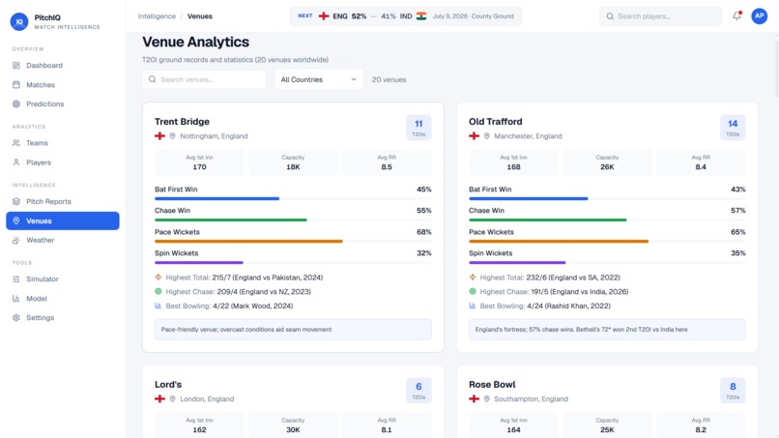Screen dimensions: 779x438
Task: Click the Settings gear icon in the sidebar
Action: pyautogui.click(x=16, y=318)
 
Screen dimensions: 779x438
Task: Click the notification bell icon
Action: pyautogui.click(x=736, y=15)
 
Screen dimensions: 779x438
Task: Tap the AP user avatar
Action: pyautogui.click(x=759, y=15)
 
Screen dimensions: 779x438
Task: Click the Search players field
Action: pyautogui.click(x=660, y=16)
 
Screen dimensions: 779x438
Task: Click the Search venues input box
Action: pyautogui.click(x=204, y=79)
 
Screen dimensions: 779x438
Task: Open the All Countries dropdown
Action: pyautogui.click(x=319, y=79)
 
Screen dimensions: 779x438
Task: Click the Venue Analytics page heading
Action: pyautogui.click(x=196, y=43)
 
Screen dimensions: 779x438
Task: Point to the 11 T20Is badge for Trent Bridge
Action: pyautogui.click(x=418, y=128)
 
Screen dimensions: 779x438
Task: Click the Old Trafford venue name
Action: pyautogui.click(x=495, y=122)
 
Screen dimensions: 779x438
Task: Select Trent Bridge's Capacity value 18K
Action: pyautogui.click(x=293, y=167)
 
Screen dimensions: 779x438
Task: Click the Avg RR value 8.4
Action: pyautogui.click(x=701, y=167)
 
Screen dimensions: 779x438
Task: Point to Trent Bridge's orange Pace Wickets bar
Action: pyautogui.click(x=248, y=241)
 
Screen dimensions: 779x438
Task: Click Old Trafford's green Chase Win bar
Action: pyautogui.click(x=547, y=219)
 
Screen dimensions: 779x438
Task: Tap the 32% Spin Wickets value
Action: pyautogui.click(x=423, y=253)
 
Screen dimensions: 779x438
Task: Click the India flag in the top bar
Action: pyautogui.click(x=421, y=15)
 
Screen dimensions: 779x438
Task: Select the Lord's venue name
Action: pyautogui.click(x=168, y=385)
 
